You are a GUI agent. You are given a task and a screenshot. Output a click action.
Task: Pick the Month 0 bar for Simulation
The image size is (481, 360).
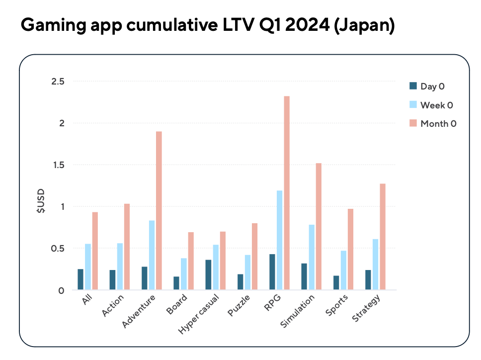319,226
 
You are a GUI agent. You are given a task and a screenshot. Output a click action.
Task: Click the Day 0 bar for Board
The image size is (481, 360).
176,283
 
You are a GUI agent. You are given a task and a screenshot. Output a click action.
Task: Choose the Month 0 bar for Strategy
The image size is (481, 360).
383,237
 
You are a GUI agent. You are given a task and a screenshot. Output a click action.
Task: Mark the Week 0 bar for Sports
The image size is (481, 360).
343,270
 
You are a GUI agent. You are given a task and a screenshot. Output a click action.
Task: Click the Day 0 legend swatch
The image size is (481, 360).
412,86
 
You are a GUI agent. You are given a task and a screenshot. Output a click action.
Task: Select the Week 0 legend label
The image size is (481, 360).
437,105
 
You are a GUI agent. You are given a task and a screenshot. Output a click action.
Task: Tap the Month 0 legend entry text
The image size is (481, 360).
438,124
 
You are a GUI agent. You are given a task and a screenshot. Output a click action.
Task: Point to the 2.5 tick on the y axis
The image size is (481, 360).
61,81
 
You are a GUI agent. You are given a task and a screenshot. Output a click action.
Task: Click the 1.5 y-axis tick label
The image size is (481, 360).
61,165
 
